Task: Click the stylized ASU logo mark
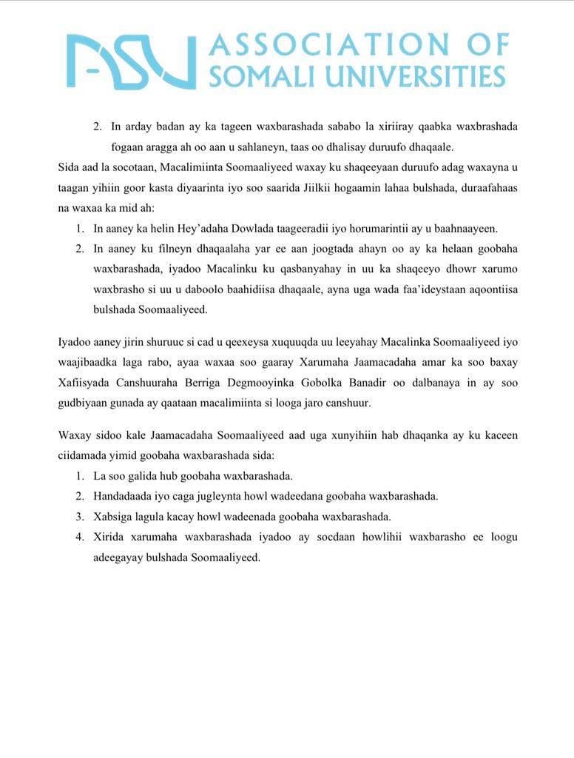pyautogui.click(x=132, y=61)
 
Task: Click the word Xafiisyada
pyautogui.click(x=85, y=383)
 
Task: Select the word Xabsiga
pyautogui.click(x=112, y=516)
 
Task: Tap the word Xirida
pyautogui.click(x=107, y=537)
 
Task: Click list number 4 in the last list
pyautogui.click(x=79, y=537)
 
